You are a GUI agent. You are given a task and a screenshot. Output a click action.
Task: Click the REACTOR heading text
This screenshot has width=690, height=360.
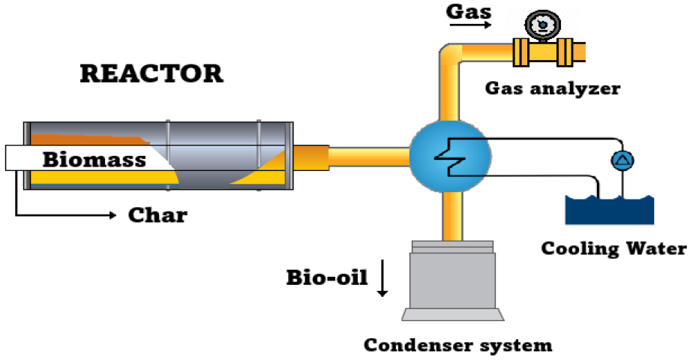click(151, 73)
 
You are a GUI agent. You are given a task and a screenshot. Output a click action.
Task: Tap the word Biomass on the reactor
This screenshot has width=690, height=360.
click(94, 159)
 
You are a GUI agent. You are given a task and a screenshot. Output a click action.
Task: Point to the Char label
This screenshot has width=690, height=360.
click(157, 216)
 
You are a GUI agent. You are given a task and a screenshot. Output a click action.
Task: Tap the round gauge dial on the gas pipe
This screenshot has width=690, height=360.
click(539, 26)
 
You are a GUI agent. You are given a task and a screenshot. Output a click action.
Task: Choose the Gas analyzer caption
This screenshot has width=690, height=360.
click(553, 88)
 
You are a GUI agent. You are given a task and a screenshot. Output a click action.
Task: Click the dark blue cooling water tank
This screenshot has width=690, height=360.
click(609, 211)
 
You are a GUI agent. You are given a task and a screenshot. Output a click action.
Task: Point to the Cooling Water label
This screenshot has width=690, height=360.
click(613, 248)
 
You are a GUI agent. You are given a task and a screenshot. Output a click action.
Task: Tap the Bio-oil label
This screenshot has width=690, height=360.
click(327, 277)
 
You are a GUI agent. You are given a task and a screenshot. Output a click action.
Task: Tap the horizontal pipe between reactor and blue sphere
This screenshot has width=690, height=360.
click(367, 156)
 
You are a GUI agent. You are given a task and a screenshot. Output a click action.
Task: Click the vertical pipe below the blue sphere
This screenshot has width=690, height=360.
click(450, 217)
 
